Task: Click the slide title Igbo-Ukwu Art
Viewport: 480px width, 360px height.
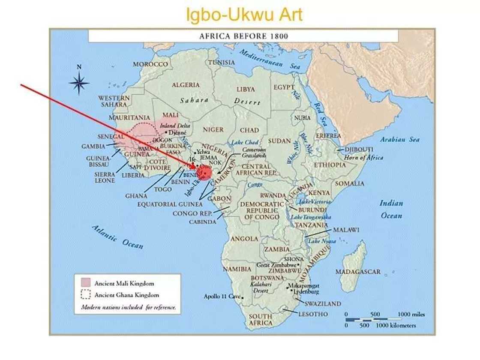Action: [244, 15]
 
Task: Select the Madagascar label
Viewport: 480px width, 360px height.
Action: [358, 272]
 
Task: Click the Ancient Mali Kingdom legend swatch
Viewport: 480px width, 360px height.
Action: [86, 283]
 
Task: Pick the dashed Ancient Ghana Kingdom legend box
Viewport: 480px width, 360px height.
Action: [86, 294]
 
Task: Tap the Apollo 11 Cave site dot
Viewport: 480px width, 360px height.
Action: [243, 297]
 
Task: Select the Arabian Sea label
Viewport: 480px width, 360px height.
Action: [400, 139]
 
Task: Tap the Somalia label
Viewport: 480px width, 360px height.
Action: [350, 183]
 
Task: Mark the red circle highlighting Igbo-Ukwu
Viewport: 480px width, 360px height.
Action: [204, 172]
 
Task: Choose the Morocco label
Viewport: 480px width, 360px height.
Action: [150, 64]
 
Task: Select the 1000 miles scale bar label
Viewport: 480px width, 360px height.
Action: [411, 314]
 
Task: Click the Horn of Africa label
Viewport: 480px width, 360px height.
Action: [363, 157]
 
